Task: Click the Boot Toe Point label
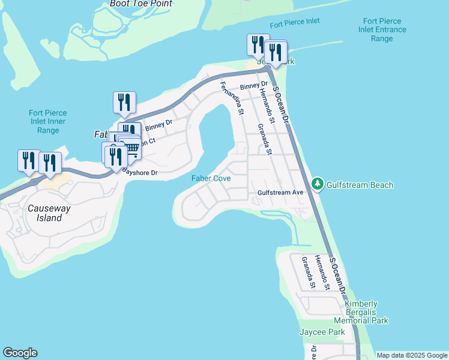141,4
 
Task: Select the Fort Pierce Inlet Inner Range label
47,121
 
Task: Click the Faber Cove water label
211,178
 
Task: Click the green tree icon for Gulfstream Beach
318,184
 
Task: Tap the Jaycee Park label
322,332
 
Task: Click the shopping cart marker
130,148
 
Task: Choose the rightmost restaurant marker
276,52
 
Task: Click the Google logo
20,353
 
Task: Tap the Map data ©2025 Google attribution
412,355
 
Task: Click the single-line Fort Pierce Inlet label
295,22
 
